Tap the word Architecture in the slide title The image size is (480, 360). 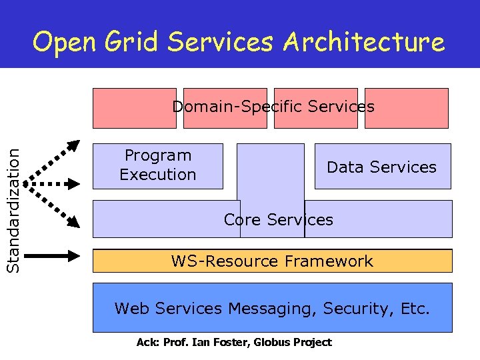[363, 43]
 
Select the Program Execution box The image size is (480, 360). [157, 165]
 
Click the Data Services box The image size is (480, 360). [382, 167]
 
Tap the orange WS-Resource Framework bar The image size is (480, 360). [272, 261]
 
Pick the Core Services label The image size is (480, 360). [278, 220]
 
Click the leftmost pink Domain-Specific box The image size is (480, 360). [134, 108]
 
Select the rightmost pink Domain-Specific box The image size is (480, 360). [407, 108]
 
